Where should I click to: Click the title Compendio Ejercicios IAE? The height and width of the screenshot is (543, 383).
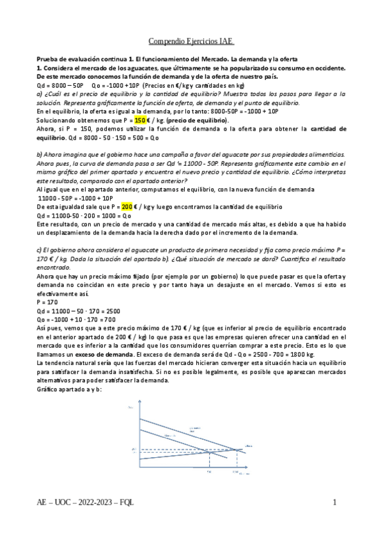[191, 42]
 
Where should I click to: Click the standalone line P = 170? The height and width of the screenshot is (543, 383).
[47, 300]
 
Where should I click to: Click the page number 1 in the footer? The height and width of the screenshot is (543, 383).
[334, 503]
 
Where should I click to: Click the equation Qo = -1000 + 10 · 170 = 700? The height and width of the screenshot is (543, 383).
[76, 318]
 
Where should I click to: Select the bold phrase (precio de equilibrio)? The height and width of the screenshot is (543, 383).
[200, 120]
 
